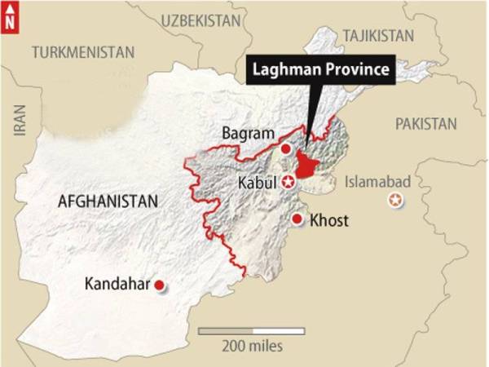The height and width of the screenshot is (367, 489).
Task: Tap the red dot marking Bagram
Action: [x=285, y=149]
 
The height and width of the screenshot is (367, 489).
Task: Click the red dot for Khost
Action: [x=299, y=219]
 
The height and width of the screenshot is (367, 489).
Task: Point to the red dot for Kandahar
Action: [x=160, y=285]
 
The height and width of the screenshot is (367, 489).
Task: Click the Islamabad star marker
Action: [x=396, y=201]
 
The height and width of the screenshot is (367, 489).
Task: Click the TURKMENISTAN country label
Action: [x=82, y=52]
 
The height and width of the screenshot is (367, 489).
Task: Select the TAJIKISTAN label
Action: [x=378, y=35]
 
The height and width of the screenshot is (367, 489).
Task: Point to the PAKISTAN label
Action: [x=425, y=123]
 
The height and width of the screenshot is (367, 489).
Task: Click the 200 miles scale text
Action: [x=252, y=346]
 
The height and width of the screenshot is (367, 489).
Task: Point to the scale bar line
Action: [x=252, y=330]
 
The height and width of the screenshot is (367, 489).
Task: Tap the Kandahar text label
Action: [x=117, y=284]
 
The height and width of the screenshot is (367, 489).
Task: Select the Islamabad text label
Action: [x=377, y=181]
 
